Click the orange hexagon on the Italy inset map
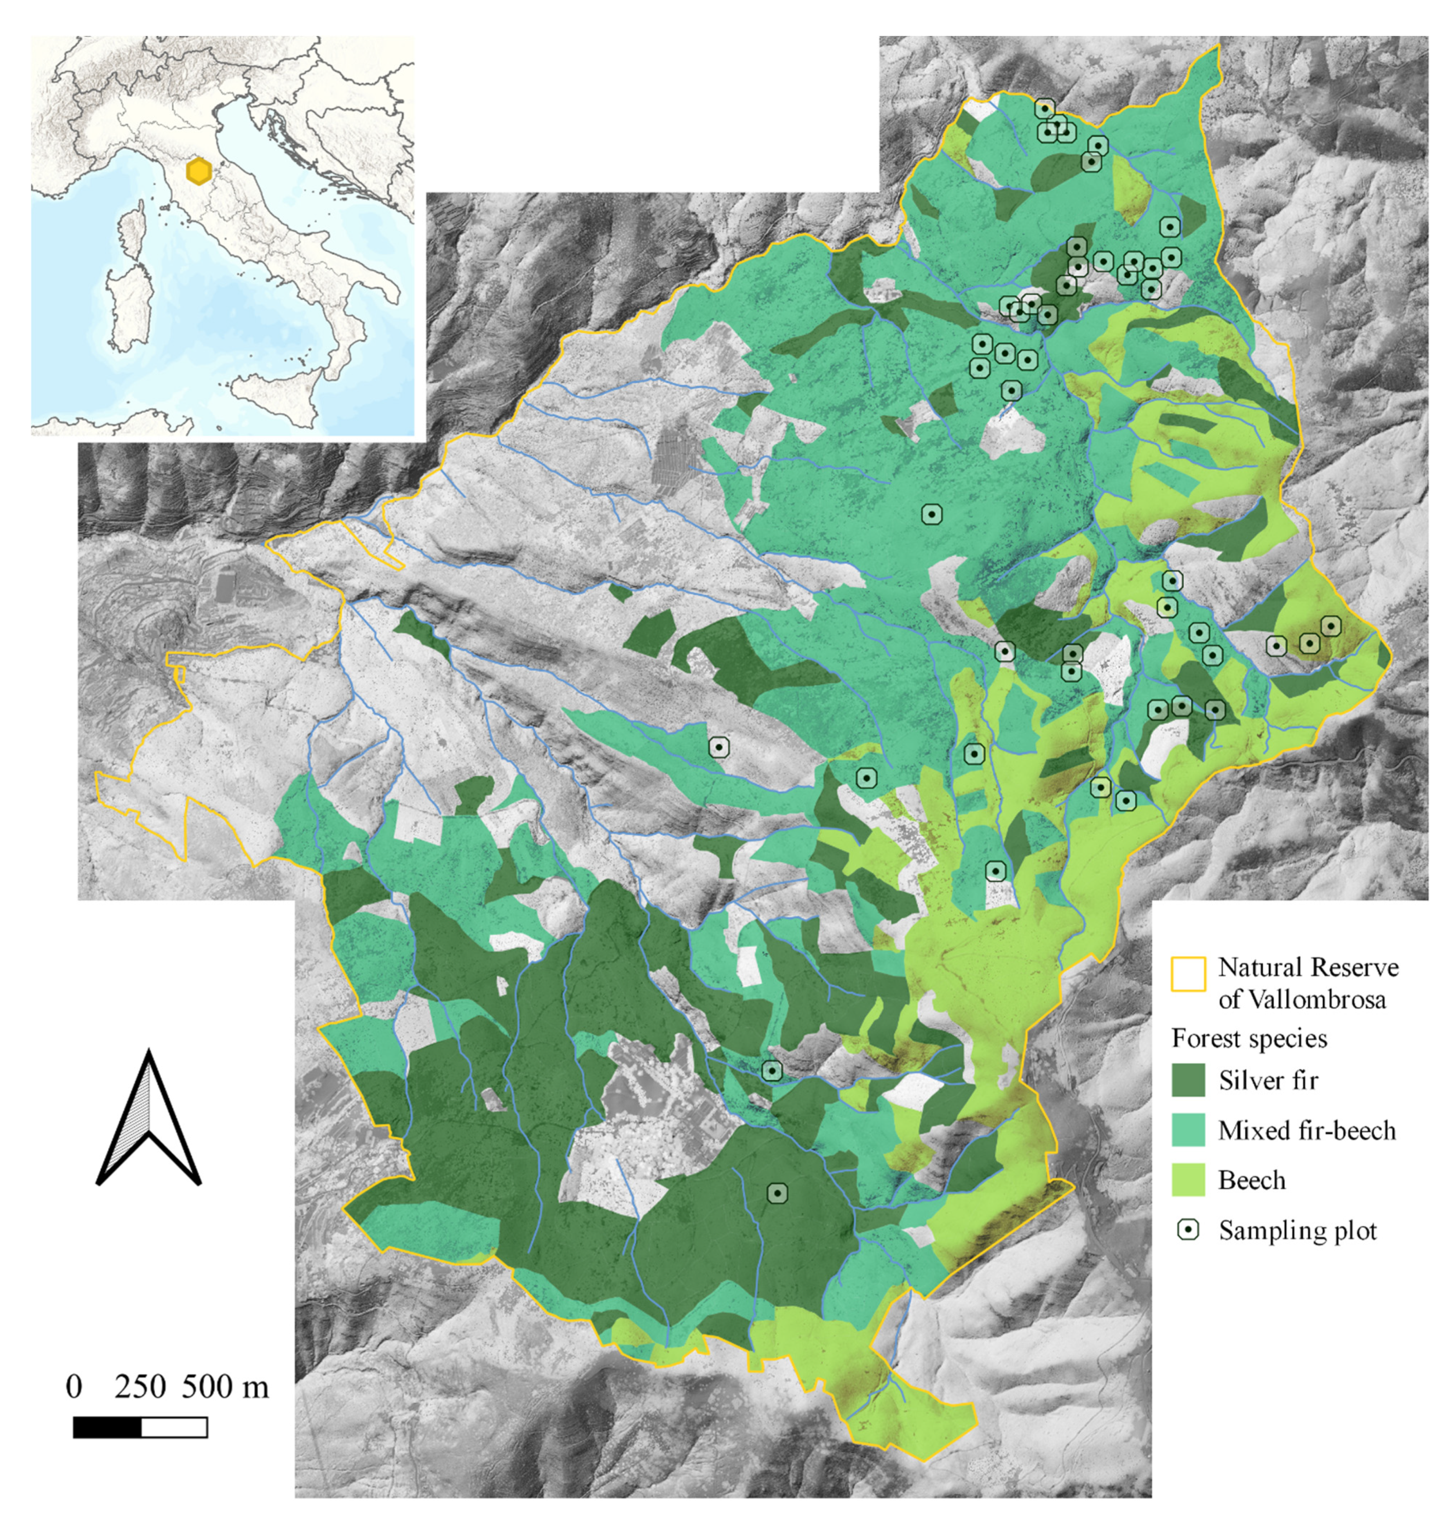click(x=199, y=172)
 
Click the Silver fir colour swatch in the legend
click(x=1188, y=1080)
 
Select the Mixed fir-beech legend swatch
click(x=1188, y=1130)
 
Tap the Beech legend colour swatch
click(x=1188, y=1180)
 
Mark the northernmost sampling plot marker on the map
click(x=1044, y=109)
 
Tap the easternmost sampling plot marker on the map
click(x=1330, y=626)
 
